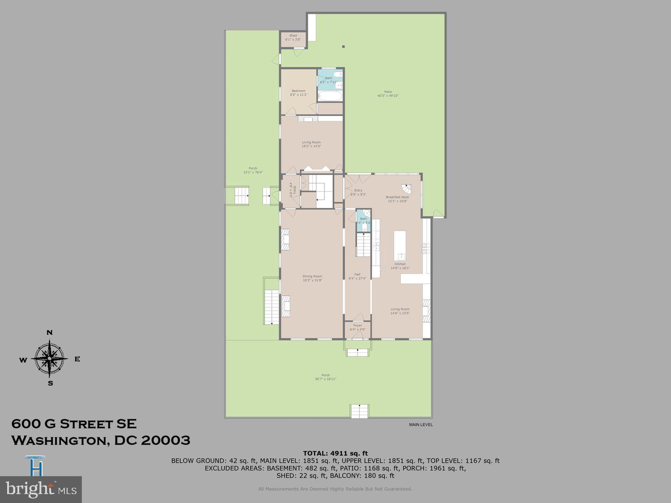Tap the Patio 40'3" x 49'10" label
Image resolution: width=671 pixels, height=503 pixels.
387,94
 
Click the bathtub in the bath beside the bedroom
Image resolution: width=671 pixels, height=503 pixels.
330,96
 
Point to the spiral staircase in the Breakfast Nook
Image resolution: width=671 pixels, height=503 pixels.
405,188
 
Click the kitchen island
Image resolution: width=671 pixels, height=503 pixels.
400,245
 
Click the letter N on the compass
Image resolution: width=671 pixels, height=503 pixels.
50,333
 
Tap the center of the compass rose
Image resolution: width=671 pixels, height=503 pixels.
50,358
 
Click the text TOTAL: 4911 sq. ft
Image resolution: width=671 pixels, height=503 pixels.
335,453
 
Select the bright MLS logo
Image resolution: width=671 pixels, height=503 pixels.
41,490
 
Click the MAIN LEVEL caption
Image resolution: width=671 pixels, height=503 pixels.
420,425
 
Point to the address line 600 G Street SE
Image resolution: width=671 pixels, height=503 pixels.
74,423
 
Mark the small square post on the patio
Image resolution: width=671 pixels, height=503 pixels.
344,46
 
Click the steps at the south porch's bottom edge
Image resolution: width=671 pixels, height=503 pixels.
359,411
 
